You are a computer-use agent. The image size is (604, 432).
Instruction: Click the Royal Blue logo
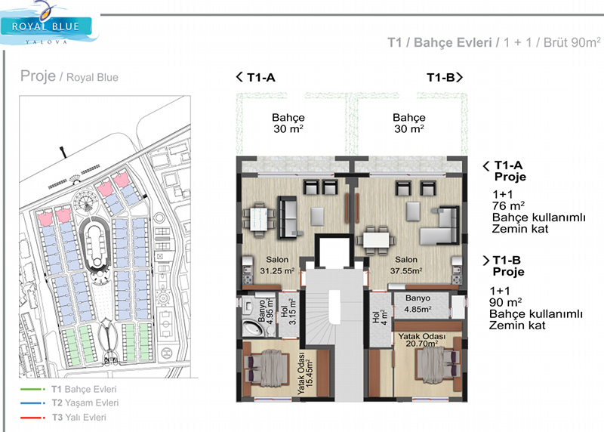click(x=49, y=25)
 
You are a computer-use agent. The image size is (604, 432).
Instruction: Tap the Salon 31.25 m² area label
click(x=277, y=265)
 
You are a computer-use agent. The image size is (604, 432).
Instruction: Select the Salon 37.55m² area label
click(x=406, y=265)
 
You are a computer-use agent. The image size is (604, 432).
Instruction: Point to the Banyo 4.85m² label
click(x=418, y=304)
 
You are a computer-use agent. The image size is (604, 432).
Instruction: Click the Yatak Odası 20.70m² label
click(x=422, y=340)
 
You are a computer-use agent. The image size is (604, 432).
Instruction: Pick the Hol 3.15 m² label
click(x=288, y=312)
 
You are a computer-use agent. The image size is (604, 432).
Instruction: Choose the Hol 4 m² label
click(x=380, y=316)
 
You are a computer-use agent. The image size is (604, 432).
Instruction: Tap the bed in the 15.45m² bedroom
click(x=267, y=369)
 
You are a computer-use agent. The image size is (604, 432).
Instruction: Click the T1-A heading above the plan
click(x=256, y=78)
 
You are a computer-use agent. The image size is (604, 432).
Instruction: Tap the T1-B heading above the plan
click(x=445, y=78)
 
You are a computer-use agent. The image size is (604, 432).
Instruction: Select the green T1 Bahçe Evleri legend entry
click(x=69, y=389)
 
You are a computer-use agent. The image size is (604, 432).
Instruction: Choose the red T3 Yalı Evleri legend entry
click(x=63, y=418)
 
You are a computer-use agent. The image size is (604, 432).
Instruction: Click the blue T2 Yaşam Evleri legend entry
click(x=69, y=403)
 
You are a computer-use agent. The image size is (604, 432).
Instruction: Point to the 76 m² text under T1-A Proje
click(x=508, y=205)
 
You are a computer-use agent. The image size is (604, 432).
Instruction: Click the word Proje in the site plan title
click(x=39, y=76)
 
